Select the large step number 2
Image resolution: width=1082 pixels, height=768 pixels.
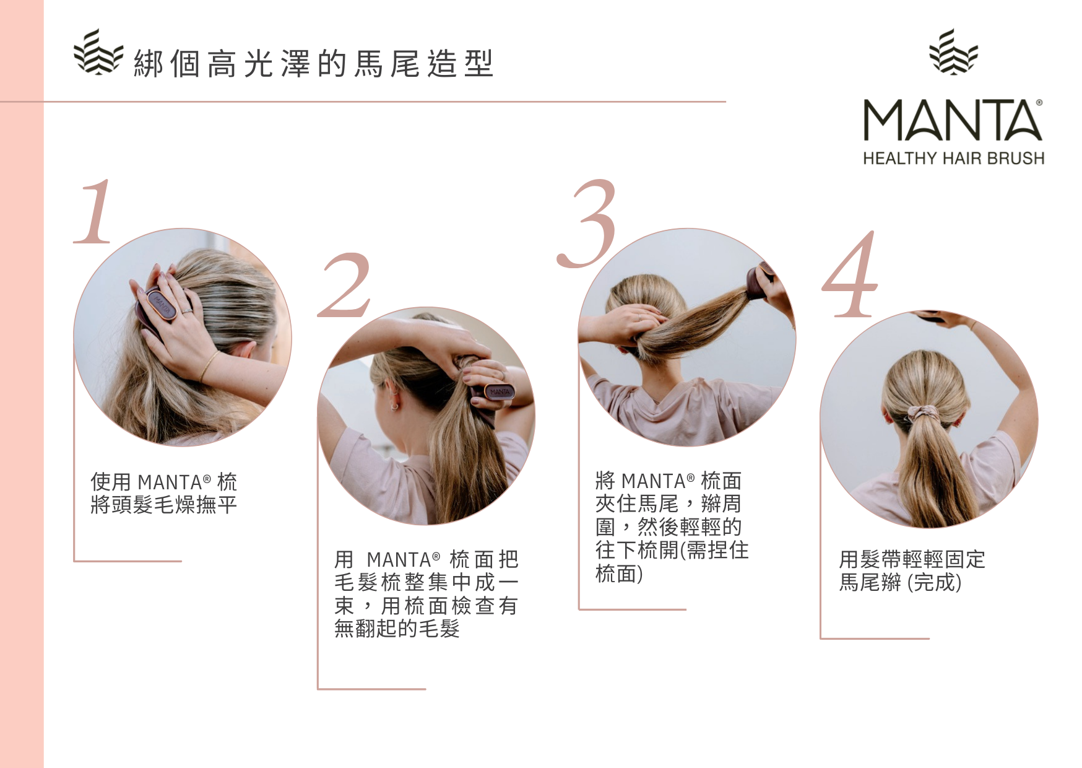click(344, 285)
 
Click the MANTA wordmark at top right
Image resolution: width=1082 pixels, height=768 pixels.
click(952, 120)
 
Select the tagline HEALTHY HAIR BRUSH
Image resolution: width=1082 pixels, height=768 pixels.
click(953, 159)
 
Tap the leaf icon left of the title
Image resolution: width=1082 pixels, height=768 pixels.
click(98, 52)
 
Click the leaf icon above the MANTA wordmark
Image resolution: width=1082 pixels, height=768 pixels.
click(953, 51)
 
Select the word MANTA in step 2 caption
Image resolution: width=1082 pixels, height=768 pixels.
click(399, 560)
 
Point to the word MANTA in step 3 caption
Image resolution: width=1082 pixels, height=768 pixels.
click(654, 481)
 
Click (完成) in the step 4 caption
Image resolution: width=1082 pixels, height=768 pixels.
click(934, 583)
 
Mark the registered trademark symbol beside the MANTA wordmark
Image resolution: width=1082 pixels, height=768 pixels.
click(1039, 102)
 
